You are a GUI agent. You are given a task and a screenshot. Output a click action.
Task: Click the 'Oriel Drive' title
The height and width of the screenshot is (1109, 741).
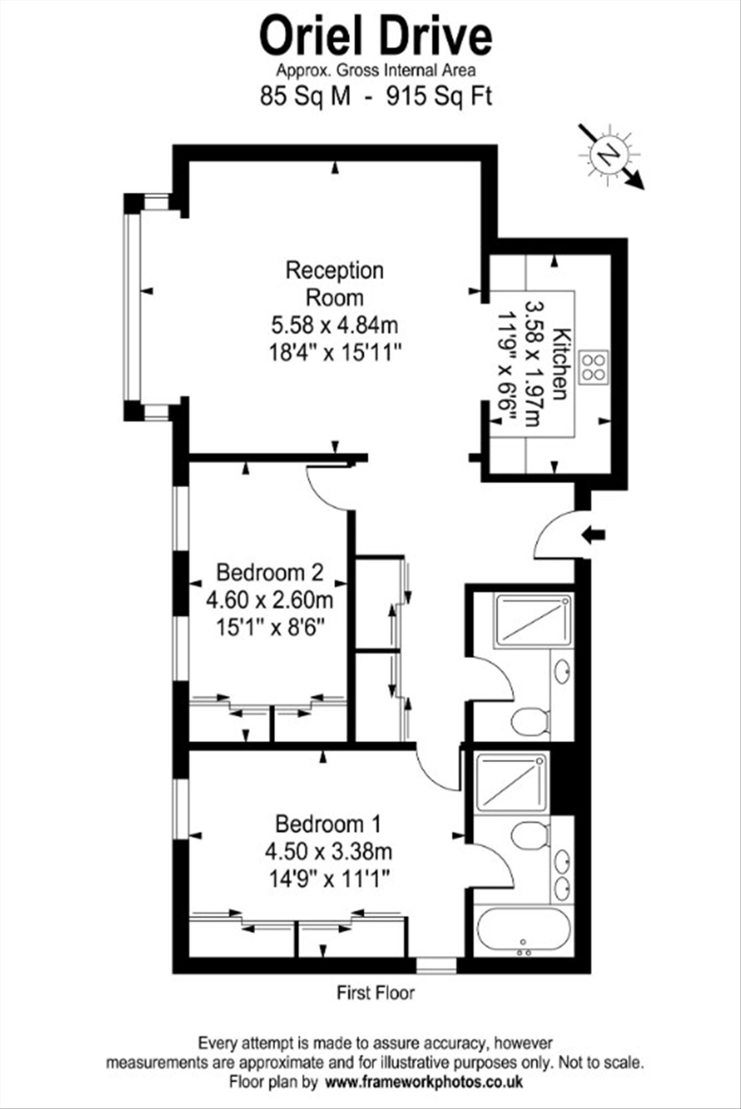pos(376,37)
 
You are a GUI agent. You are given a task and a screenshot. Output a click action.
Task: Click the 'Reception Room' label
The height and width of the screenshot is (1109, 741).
pos(335,284)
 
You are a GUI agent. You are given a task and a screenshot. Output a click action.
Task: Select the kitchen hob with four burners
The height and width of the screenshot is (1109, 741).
pos(593,367)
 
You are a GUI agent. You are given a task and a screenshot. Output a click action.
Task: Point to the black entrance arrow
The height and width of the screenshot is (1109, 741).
pos(593,535)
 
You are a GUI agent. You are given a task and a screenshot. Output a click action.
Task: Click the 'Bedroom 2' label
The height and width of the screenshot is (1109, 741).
pos(270,572)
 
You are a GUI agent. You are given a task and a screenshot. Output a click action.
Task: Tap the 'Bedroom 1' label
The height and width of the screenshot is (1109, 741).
pos(329,824)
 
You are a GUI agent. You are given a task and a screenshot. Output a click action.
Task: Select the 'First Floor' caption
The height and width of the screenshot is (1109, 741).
pos(376,992)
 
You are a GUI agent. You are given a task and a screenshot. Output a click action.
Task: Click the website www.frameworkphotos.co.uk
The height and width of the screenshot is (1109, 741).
pos(424,1081)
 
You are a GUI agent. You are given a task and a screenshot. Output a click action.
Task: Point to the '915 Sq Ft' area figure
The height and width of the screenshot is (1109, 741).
pos(439,97)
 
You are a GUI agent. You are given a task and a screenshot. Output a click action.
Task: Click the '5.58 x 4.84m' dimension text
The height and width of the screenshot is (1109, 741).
pos(335,325)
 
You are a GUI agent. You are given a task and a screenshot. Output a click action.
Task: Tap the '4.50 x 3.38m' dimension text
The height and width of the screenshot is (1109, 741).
pos(329,850)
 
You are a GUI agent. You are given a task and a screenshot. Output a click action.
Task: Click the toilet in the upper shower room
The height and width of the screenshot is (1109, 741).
pos(530,722)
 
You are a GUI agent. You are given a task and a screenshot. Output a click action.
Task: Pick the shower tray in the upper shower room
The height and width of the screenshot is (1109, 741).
pos(533,621)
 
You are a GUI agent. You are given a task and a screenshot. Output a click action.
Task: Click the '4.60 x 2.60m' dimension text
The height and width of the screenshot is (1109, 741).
pos(270,600)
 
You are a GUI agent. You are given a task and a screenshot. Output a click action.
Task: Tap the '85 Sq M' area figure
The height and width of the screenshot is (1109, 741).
pos(306,97)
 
